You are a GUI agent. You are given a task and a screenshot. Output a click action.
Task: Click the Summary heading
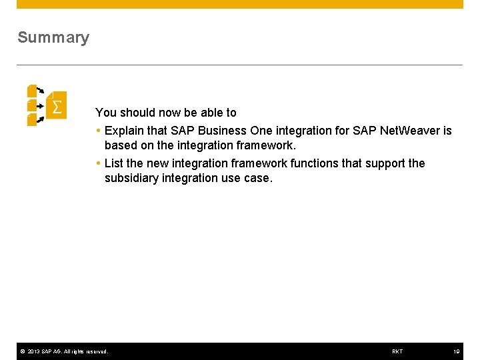tap(53, 37)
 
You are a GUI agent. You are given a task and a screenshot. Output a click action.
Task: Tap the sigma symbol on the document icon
tap(57, 107)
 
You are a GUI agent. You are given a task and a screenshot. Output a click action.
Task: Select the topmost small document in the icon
tap(32, 90)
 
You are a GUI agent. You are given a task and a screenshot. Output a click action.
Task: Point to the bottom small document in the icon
tap(32, 120)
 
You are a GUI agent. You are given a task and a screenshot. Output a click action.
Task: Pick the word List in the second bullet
tap(114, 163)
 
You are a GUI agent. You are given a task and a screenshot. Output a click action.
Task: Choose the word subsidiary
tap(131, 178)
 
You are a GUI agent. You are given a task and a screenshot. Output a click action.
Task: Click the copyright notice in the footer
tap(64, 351)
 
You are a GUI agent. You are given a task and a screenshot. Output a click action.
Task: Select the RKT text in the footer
tap(397, 351)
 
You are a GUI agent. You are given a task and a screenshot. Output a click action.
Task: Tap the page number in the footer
tap(457, 351)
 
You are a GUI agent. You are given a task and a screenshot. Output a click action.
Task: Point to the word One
tap(261, 131)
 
